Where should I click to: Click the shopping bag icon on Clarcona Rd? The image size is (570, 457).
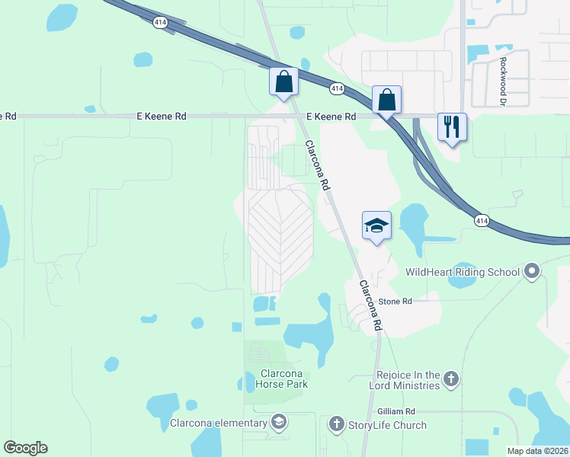(x=283, y=81)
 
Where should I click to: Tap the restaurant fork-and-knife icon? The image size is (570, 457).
(x=452, y=127)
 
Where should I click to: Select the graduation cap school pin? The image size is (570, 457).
(x=376, y=225)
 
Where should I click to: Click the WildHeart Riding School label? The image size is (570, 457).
(x=462, y=272)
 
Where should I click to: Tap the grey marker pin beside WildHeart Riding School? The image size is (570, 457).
(x=532, y=270)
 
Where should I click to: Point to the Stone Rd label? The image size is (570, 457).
(x=396, y=302)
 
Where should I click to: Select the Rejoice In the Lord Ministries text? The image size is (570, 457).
(x=408, y=380)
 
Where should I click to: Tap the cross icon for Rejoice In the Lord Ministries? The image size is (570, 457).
(x=451, y=379)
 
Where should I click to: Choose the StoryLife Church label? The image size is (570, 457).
(x=387, y=425)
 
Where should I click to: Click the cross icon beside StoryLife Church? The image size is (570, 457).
(x=337, y=423)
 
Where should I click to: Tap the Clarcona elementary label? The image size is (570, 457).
(x=218, y=423)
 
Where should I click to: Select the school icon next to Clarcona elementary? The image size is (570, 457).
(x=279, y=422)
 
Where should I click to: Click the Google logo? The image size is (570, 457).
(x=25, y=448)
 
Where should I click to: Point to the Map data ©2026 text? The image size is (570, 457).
(x=537, y=451)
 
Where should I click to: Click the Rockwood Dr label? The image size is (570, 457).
(x=503, y=71)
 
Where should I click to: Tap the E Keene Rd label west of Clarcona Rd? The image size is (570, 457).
(x=161, y=117)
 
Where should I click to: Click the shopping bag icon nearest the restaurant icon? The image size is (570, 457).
(x=386, y=100)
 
